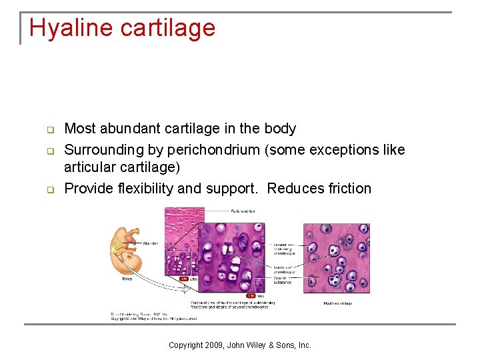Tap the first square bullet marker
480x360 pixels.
coord(49,129)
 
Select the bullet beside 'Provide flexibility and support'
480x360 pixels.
coord(49,189)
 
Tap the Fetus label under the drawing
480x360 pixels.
coord(127,279)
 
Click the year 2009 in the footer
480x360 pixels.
coord(215,345)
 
